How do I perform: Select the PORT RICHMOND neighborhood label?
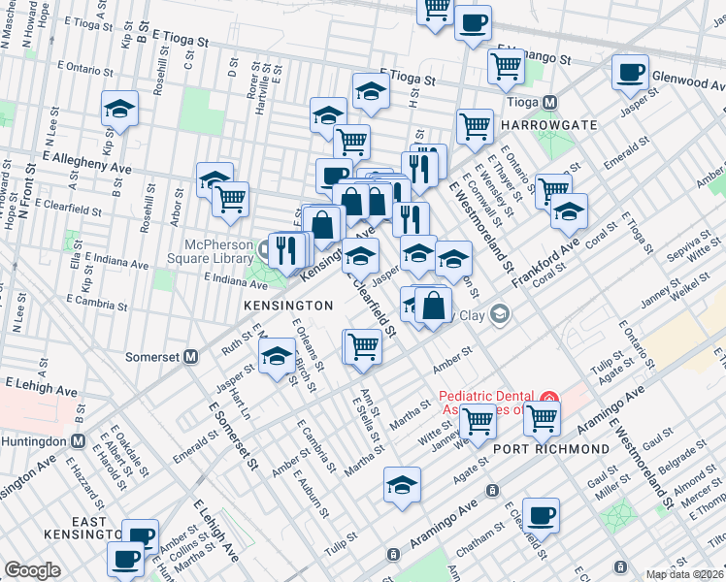point(551,449)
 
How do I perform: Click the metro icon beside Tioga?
point(549,102)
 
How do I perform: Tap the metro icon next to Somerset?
point(191,356)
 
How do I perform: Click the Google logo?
point(32,569)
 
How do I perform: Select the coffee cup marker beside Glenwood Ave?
point(630,73)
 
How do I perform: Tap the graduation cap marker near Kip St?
point(120,110)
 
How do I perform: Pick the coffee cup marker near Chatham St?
point(541,515)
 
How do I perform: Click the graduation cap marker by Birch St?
point(278,357)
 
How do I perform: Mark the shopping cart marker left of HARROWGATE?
point(475,126)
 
